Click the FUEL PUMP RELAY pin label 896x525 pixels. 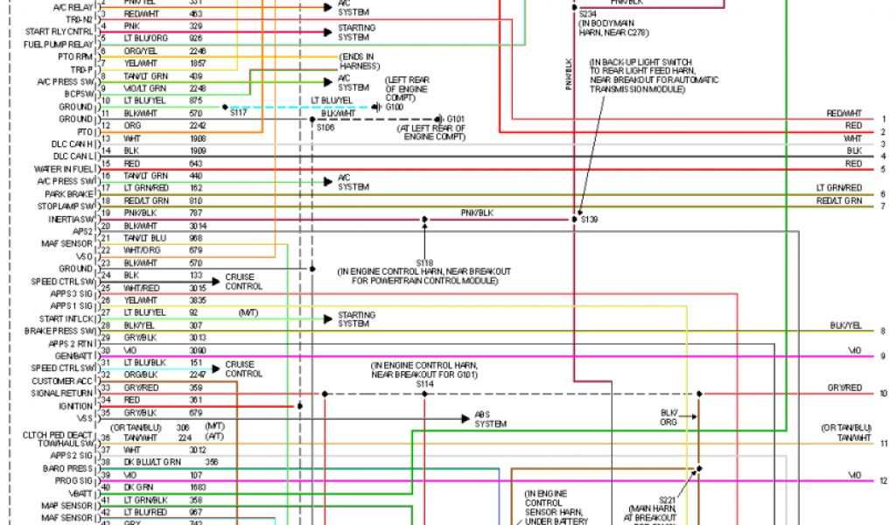58,44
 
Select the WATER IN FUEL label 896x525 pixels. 63,169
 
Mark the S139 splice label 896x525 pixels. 591,219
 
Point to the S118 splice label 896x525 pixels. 425,262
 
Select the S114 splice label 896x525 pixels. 425,383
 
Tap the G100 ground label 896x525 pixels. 395,107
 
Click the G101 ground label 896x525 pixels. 456,118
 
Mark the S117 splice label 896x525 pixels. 238,113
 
